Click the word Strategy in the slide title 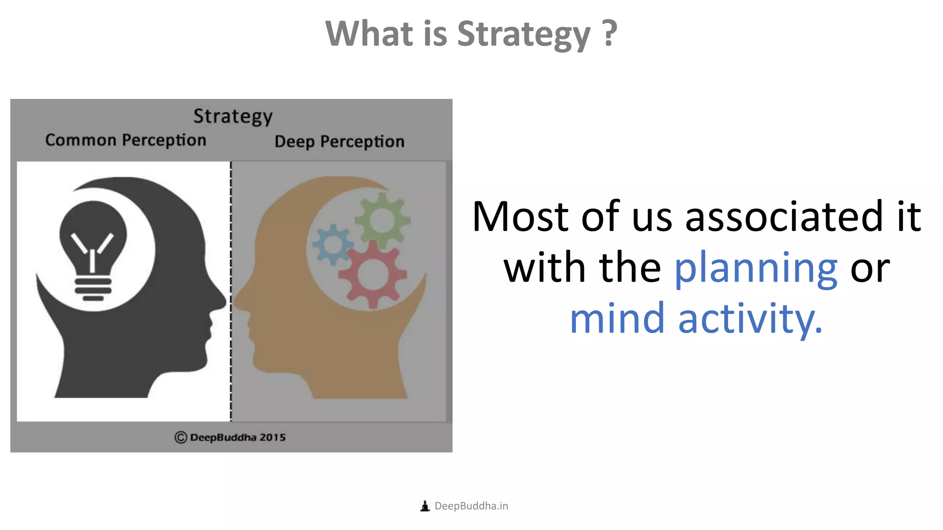(x=524, y=35)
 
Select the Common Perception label (x=126, y=140)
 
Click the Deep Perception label (x=339, y=142)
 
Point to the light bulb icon (x=93, y=248)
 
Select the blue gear (x=332, y=244)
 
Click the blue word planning (x=756, y=269)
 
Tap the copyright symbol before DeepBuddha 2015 (x=180, y=438)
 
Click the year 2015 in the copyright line (x=273, y=438)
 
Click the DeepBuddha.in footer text (x=471, y=506)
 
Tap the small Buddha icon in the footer (x=425, y=506)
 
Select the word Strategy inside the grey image (x=233, y=116)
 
